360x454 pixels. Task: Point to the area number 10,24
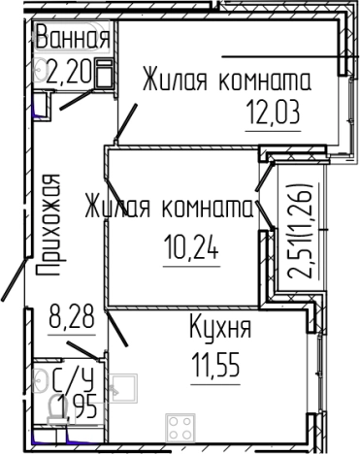[190, 252]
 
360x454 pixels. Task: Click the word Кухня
[221, 328]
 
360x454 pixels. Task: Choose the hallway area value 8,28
[69, 316]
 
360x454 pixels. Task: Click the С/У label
[65, 376]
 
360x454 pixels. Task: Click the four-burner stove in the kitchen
[181, 428]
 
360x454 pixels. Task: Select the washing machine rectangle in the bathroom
[106, 73]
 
